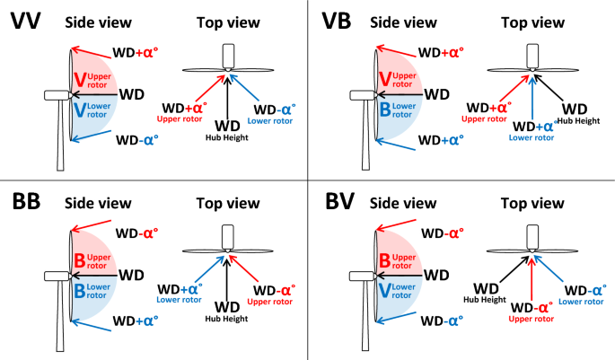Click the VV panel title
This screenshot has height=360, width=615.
point(30,21)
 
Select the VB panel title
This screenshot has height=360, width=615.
point(337,21)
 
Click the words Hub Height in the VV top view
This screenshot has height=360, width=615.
point(229,139)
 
